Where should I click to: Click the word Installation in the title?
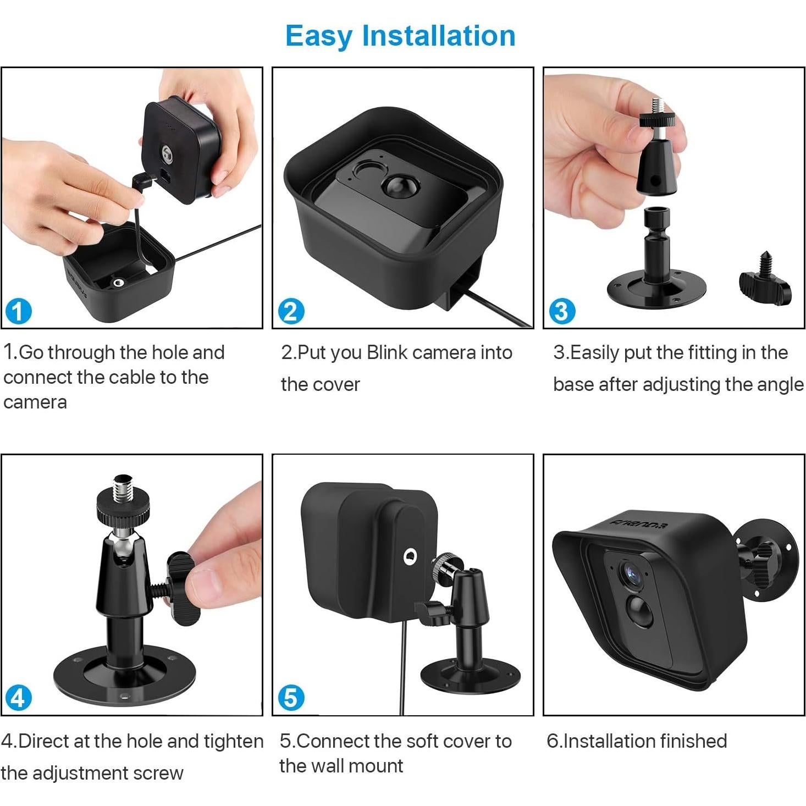[438, 36]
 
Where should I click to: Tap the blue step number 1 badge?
[18, 311]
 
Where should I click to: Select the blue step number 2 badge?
[290, 311]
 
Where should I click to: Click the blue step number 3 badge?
[562, 311]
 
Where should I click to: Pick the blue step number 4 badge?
[18, 698]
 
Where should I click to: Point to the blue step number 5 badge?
[291, 698]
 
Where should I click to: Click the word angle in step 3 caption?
[780, 384]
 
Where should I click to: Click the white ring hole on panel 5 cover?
[410, 557]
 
